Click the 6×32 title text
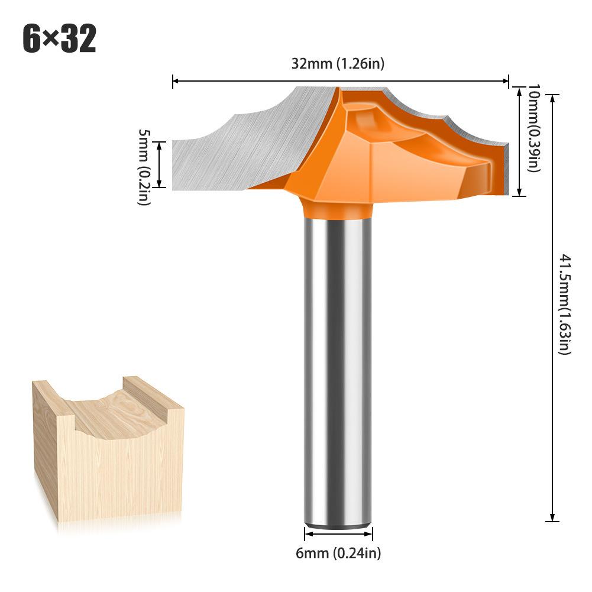(59, 39)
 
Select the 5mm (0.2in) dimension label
(144, 167)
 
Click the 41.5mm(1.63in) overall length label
(564, 305)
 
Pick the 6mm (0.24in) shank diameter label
(338, 554)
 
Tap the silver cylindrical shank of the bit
(338, 367)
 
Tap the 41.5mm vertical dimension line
(552, 308)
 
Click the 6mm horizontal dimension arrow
(338, 534)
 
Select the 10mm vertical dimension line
(519, 142)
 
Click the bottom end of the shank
(338, 520)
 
